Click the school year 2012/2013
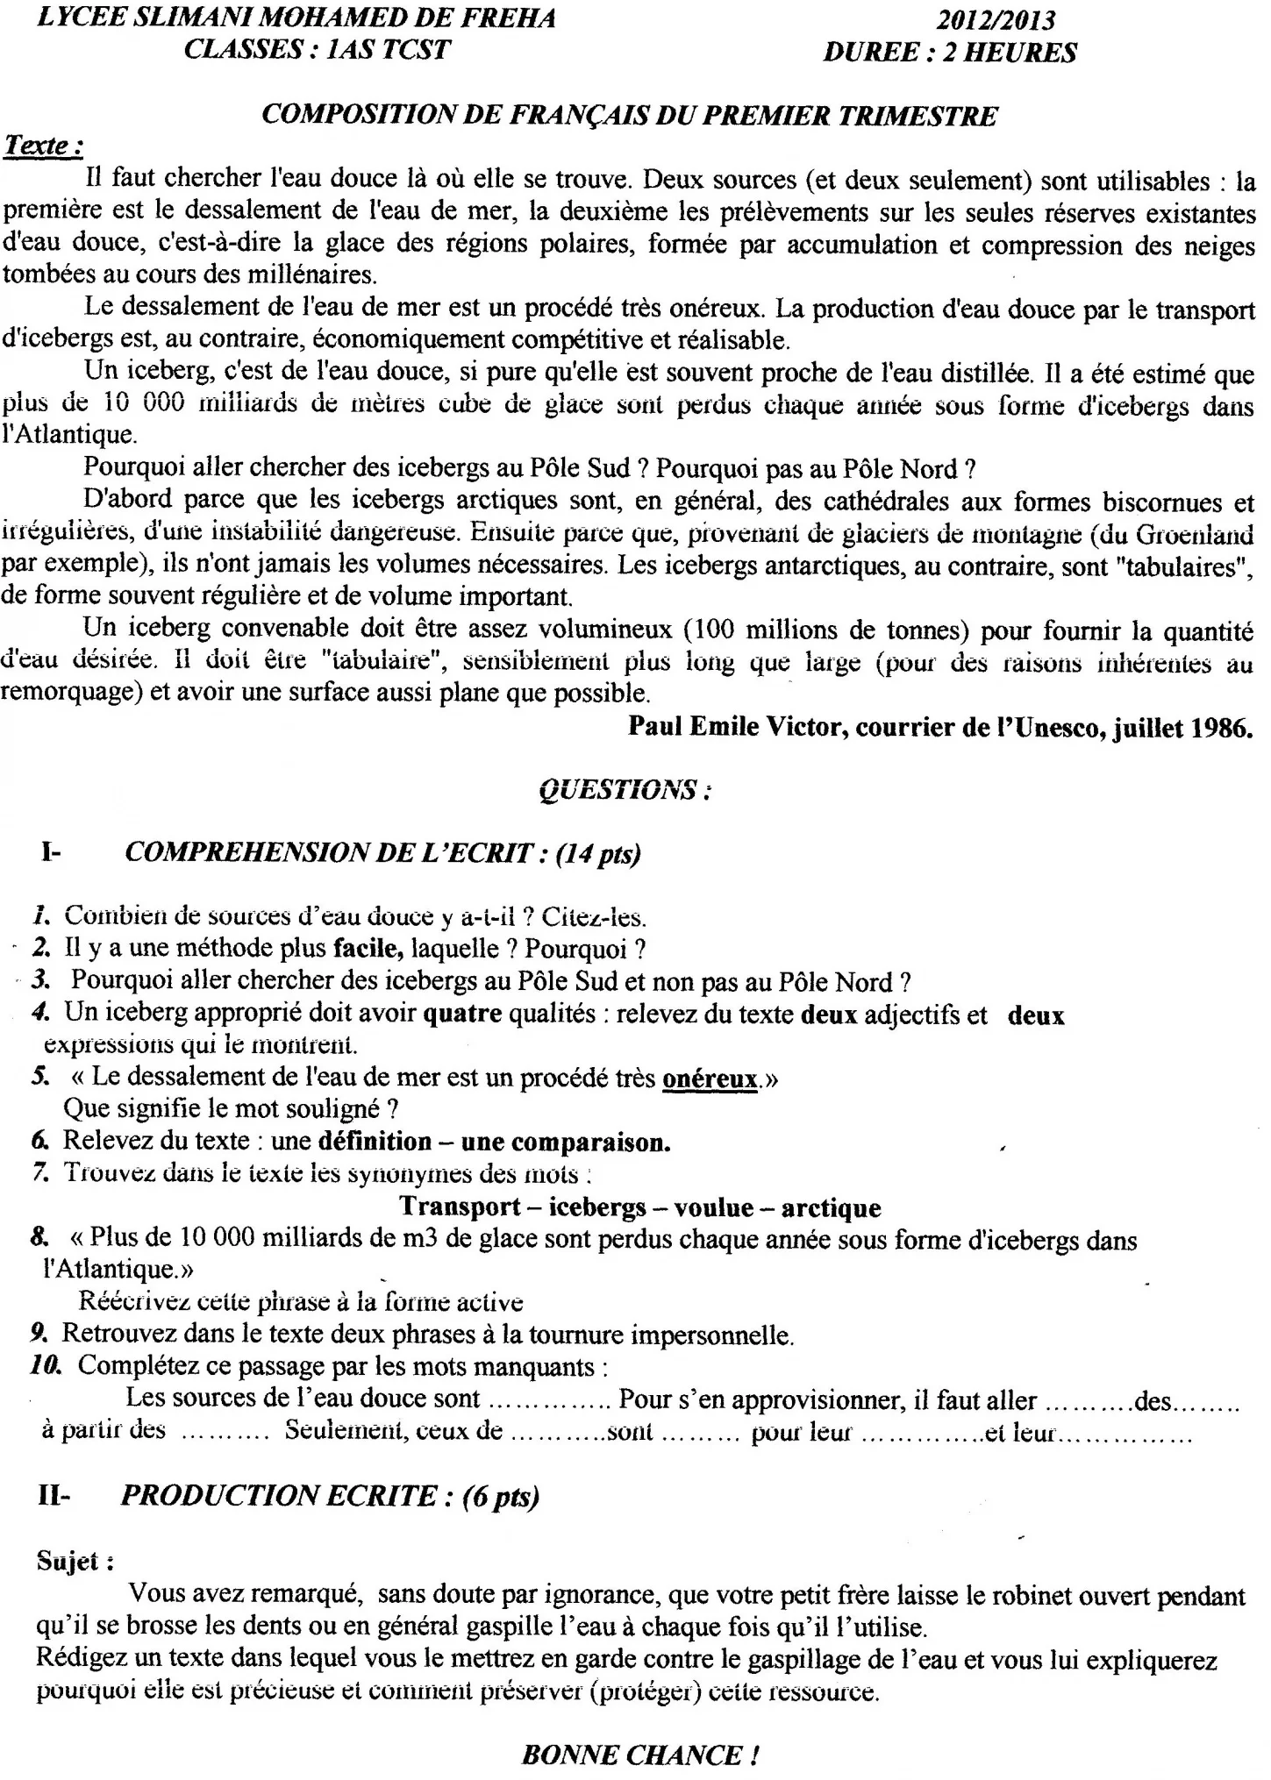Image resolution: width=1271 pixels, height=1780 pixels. [x=995, y=20]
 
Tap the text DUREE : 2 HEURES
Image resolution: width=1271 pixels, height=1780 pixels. [x=950, y=53]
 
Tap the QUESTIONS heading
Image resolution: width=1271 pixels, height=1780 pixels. [x=624, y=791]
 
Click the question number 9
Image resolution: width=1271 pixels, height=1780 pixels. [x=38, y=1335]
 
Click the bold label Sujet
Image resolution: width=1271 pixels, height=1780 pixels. [x=74, y=1561]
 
